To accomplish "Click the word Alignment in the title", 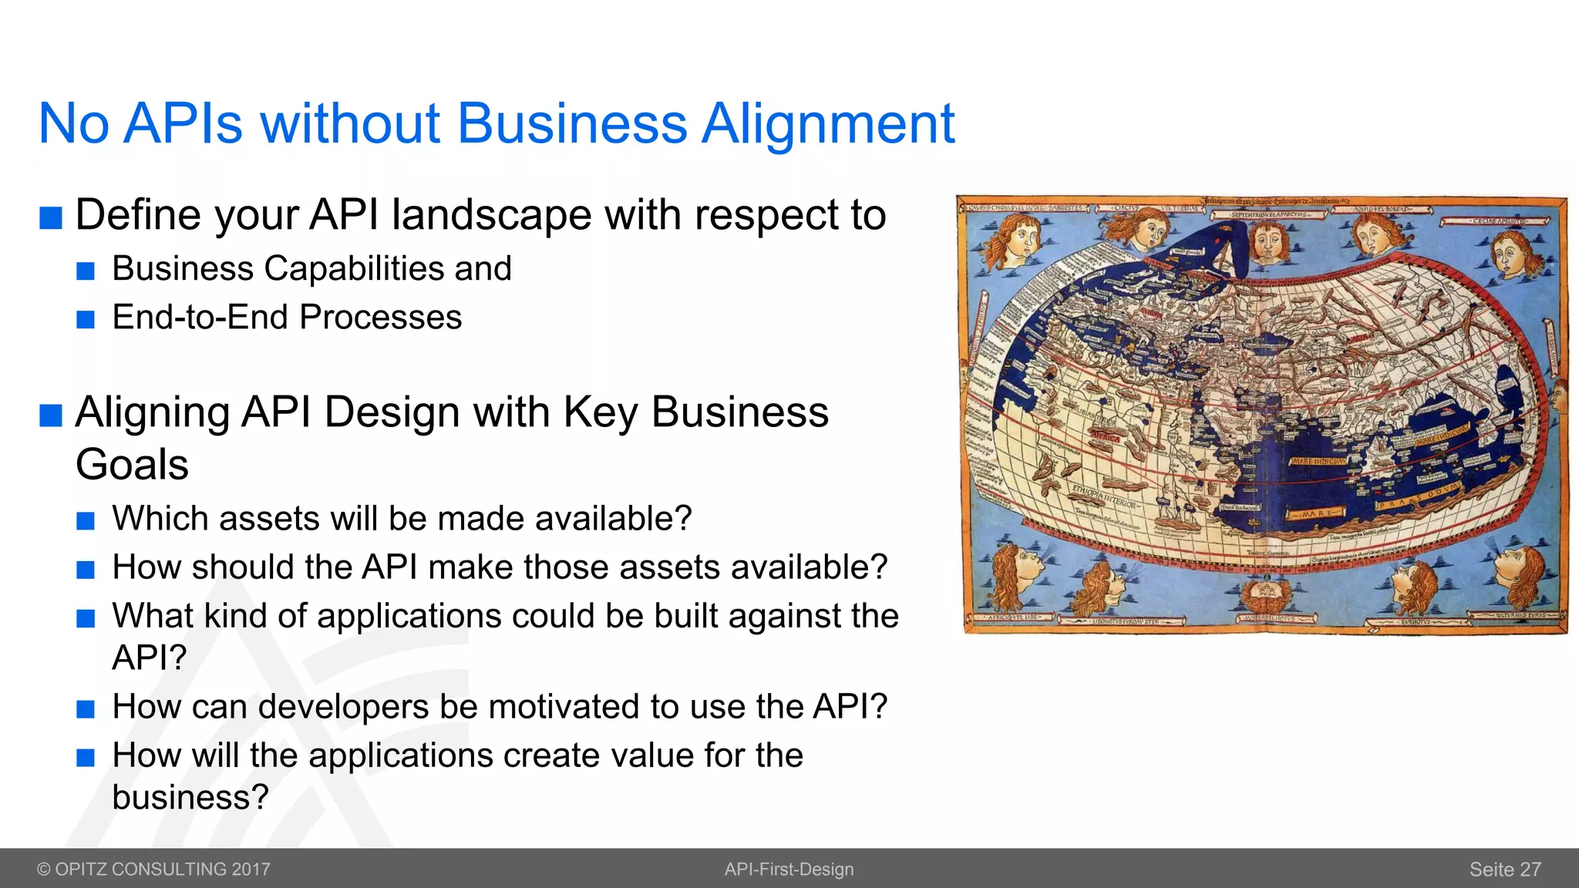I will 827,123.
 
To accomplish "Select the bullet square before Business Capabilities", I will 86,271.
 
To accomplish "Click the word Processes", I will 380,318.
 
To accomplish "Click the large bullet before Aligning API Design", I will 51,415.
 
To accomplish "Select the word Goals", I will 132,465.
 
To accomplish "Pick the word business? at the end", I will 190,797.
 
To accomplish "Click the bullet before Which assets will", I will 86,521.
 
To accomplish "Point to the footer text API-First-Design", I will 789,869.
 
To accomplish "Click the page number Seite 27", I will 1504,869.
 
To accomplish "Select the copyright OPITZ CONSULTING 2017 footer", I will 153,869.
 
